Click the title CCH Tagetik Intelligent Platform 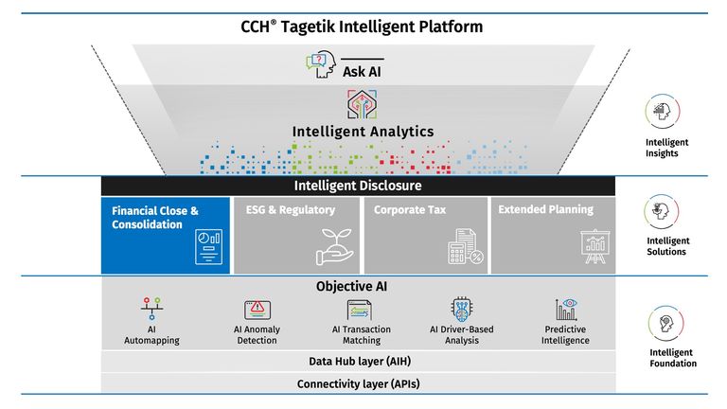(362, 27)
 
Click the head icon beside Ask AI (321, 65)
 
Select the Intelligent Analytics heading (363, 132)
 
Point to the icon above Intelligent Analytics (363, 102)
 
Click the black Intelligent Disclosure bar (358, 186)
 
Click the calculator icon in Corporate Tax (464, 247)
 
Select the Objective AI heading (358, 285)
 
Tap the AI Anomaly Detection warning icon (257, 309)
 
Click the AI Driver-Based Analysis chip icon (462, 308)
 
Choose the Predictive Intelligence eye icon (567, 308)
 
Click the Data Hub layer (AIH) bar (358, 361)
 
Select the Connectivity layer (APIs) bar (358, 383)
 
